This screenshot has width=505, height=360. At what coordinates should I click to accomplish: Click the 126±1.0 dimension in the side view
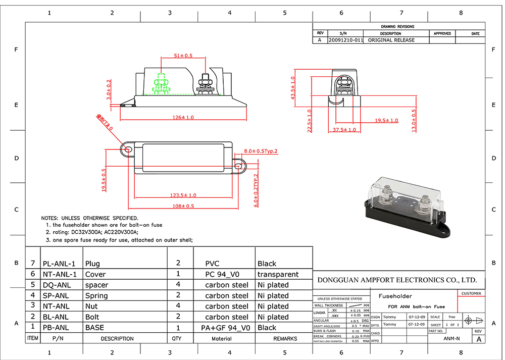coord(182,118)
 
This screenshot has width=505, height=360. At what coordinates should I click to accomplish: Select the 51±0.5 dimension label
coord(183,56)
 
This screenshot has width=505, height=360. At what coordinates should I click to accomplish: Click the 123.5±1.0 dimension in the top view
coord(182,195)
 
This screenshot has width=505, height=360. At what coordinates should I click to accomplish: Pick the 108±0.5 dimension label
coord(183,206)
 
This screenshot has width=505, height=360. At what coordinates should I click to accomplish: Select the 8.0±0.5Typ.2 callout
coord(261,151)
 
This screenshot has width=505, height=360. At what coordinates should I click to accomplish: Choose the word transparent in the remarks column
coord(278,275)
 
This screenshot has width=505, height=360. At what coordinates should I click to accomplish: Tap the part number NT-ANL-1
coord(59,275)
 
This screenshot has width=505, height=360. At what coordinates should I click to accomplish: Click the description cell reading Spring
coord(96,296)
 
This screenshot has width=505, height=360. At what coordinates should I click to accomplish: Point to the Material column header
coord(222,339)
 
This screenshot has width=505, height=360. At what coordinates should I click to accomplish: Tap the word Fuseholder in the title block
coord(392,296)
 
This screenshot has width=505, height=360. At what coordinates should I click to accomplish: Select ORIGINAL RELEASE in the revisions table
coord(391,40)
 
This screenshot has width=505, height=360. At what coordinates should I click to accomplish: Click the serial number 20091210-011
coord(345,40)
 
